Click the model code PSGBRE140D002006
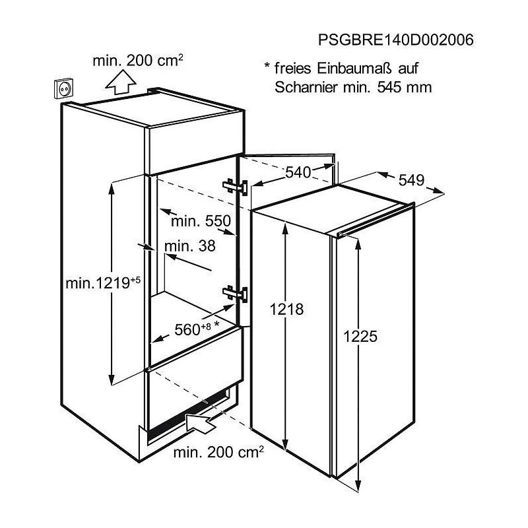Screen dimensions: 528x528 point(395,40)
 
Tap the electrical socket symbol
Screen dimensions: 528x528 point(63,88)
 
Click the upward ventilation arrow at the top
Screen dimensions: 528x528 point(121,81)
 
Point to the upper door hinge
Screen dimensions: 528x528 point(235,187)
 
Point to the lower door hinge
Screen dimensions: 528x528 point(235,294)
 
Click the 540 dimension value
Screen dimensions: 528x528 point(298,172)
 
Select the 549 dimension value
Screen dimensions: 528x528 point(411,180)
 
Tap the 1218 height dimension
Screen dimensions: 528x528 point(286,309)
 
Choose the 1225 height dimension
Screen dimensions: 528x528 point(360,336)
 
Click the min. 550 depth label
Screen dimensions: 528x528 point(201,221)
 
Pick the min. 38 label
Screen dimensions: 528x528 point(190,246)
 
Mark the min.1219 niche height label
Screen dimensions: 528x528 point(103,282)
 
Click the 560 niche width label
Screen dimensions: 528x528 point(197,329)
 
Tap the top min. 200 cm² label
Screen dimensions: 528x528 point(138,61)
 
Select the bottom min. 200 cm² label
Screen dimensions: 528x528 point(218,452)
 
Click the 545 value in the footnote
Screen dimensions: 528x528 point(389,88)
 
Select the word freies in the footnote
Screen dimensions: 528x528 point(292,69)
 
